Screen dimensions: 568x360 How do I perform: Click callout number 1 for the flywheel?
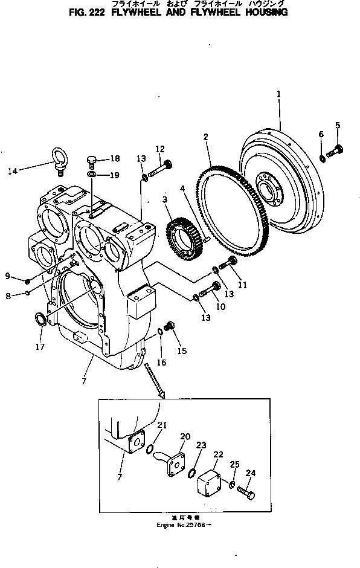click(278, 94)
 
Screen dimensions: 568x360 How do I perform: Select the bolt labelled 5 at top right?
click(333, 150)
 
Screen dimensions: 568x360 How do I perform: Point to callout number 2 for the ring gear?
click(205, 137)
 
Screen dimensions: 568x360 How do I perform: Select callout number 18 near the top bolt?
click(115, 158)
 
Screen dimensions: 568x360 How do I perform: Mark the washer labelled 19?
click(90, 175)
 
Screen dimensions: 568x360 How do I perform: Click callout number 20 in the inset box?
click(185, 436)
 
